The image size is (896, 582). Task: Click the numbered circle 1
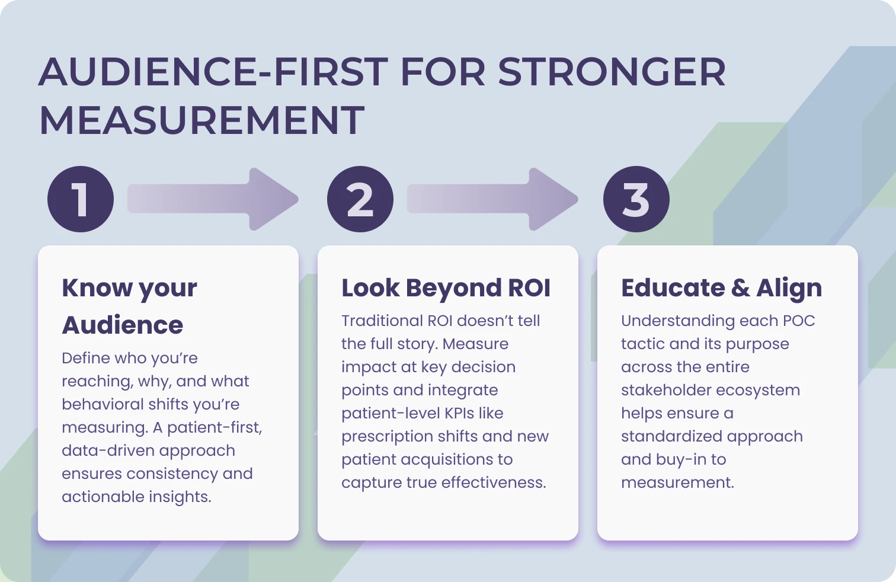(x=81, y=199)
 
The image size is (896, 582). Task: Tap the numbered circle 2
(x=360, y=199)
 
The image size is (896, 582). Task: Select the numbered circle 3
(x=636, y=199)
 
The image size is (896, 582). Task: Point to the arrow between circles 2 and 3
(x=492, y=199)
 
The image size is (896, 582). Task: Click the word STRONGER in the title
(x=612, y=72)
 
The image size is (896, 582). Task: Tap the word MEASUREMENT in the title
(x=201, y=120)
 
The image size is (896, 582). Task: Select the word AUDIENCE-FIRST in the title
(x=213, y=72)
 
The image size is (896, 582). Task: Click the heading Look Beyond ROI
(x=446, y=288)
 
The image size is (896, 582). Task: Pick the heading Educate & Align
(x=721, y=288)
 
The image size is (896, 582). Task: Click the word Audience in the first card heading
(x=123, y=325)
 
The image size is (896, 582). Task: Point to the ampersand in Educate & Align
(x=740, y=288)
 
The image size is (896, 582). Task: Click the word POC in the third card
(x=799, y=321)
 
